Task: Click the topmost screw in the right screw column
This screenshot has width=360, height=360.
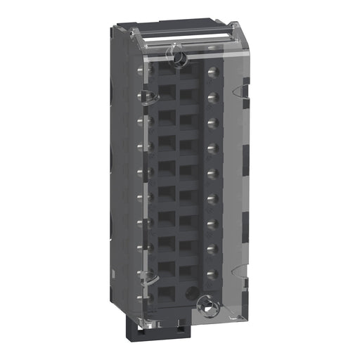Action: (x=212, y=70)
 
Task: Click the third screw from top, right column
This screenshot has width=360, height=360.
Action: (x=212, y=122)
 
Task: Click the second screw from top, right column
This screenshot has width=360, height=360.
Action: (x=212, y=96)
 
